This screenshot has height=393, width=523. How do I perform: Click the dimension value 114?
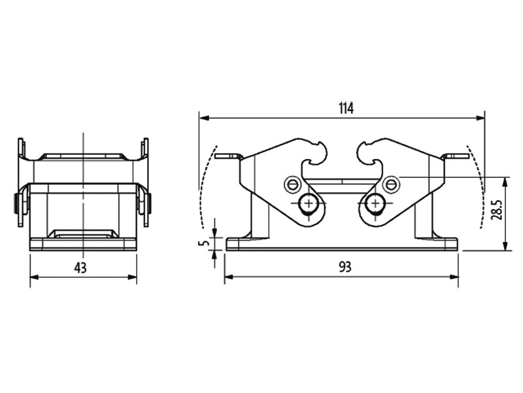[x=346, y=109]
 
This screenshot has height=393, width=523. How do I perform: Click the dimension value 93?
[x=342, y=267]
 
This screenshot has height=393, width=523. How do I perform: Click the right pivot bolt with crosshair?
[x=375, y=205]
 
